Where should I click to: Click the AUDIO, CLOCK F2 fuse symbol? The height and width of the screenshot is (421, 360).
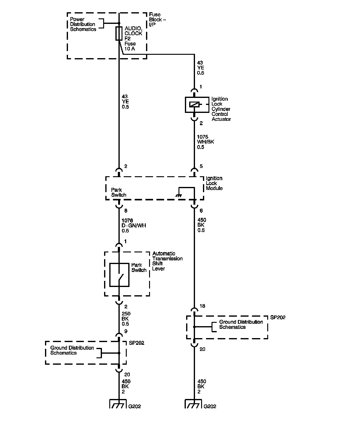click(x=119, y=33)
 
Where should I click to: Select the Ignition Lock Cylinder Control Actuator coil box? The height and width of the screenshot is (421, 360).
click(x=194, y=105)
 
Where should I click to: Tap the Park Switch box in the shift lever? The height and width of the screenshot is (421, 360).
click(x=119, y=275)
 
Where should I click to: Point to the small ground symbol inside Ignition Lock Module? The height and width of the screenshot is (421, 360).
click(x=178, y=195)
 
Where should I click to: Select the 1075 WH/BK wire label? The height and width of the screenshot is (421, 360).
click(x=205, y=142)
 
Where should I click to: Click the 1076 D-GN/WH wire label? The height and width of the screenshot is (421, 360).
click(x=134, y=226)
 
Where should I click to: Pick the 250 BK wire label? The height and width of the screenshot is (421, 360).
click(x=126, y=319)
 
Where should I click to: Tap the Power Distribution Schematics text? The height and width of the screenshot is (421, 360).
click(x=83, y=24)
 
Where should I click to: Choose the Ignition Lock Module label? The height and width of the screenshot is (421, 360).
click(x=214, y=183)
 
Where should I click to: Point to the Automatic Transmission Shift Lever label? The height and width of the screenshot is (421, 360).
click(x=167, y=261)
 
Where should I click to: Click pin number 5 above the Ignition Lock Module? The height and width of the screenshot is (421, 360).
click(x=201, y=166)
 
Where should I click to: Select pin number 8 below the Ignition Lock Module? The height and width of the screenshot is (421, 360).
click(x=126, y=211)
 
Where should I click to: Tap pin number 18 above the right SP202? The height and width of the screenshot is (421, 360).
click(x=202, y=306)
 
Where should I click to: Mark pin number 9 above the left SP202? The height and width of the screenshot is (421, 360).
click(x=126, y=331)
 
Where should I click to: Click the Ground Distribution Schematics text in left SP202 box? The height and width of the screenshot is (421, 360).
click(x=72, y=350)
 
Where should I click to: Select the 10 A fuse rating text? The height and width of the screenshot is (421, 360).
click(x=129, y=49)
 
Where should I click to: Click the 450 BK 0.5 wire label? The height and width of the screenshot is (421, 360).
click(x=202, y=225)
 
